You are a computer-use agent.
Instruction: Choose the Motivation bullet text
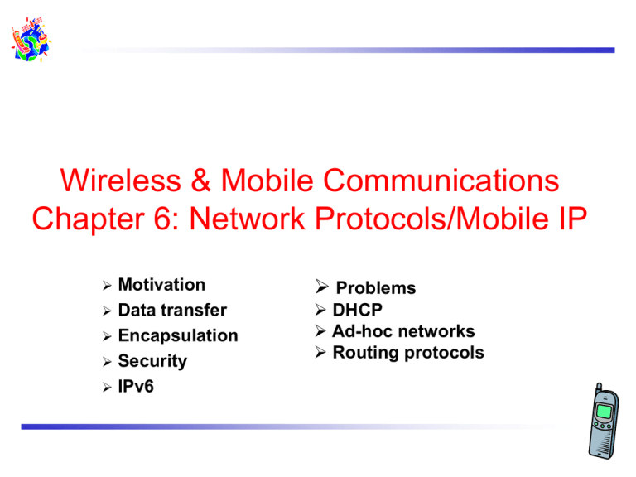coord(161,285)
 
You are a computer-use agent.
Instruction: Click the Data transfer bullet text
coord(172,311)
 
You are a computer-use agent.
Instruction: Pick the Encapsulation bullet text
coord(178,335)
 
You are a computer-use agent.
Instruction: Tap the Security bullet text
coord(152,361)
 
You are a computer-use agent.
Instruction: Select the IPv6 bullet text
coord(137,387)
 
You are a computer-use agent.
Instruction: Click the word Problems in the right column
coord(375,288)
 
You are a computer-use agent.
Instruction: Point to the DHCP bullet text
coord(357,310)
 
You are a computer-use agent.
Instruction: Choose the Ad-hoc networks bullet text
coord(403,331)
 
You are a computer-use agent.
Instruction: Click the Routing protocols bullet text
coord(408,353)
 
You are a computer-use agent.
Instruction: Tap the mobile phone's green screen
coord(605,411)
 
